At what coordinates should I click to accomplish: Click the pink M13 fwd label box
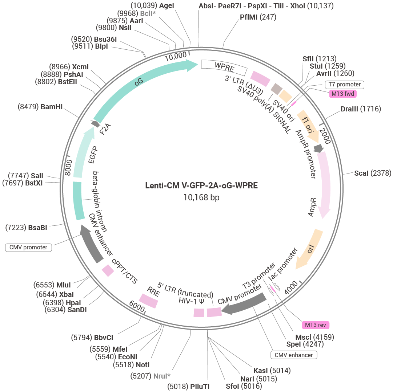click(343, 94)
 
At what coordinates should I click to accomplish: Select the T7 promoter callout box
click(344, 85)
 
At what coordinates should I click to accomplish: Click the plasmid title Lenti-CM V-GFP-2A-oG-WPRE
click(201, 186)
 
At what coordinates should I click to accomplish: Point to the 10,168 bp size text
click(201, 197)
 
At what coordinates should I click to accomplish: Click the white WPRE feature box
click(224, 67)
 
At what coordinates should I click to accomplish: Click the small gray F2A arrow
click(96, 124)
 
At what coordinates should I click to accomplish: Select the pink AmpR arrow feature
click(325, 185)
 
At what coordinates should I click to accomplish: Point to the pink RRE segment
click(149, 300)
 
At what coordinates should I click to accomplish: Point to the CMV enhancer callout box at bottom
click(294, 355)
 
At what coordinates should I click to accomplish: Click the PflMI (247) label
click(258, 17)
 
